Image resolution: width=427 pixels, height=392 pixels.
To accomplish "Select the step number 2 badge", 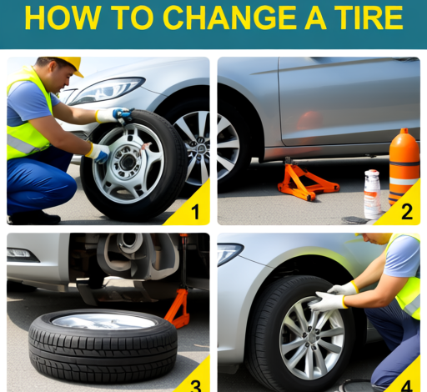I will click(x=406, y=212).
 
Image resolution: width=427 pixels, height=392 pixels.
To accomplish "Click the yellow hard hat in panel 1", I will click(x=65, y=64).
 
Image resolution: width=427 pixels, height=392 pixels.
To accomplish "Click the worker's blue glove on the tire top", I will click(x=118, y=114).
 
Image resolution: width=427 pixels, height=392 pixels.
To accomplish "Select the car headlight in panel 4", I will click(x=229, y=253).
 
